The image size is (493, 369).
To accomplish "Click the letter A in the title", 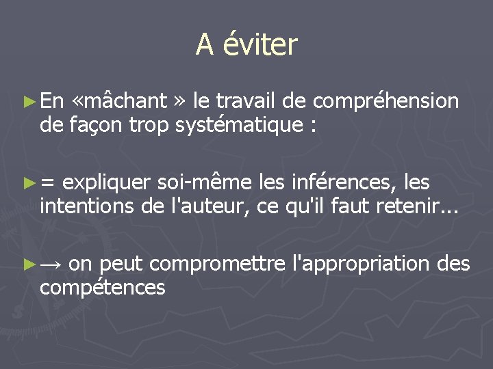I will tap(204, 45).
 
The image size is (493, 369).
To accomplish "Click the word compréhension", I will tap(385, 101).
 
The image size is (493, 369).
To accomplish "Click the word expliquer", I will tap(108, 183).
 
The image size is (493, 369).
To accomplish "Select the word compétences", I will tap(103, 286).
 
